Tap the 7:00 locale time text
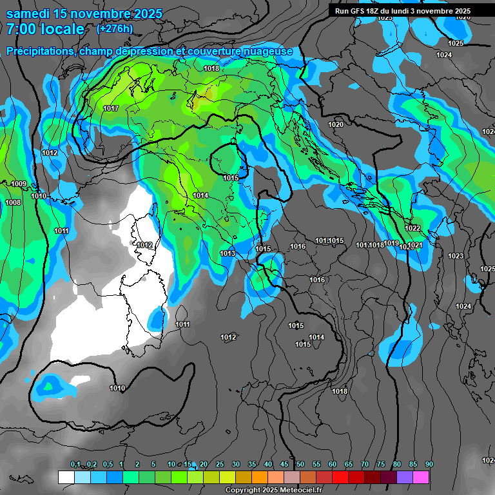[45, 29]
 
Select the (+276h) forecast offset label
[114, 28]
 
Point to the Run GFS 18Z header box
[403, 11]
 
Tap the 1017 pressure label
[111, 108]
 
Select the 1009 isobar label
[19, 184]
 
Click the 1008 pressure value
[13, 202]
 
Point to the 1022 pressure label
[413, 228]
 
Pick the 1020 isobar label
[335, 124]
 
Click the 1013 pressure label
[228, 253]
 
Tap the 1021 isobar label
[414, 245]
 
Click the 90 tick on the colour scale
[429, 465]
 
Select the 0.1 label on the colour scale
[75, 465]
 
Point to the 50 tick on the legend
[300, 465]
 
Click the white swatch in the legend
[66, 477]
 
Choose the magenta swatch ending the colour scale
[422, 477]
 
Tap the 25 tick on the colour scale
[220, 465]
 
